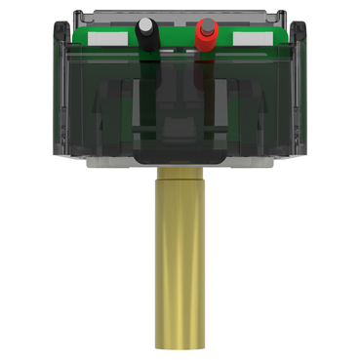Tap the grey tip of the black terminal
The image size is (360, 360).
(144, 21)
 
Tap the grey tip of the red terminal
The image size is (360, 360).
(207, 21)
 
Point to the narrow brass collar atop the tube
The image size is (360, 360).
(179, 175)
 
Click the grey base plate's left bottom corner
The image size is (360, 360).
(90, 164)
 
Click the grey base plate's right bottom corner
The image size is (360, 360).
(271, 164)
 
